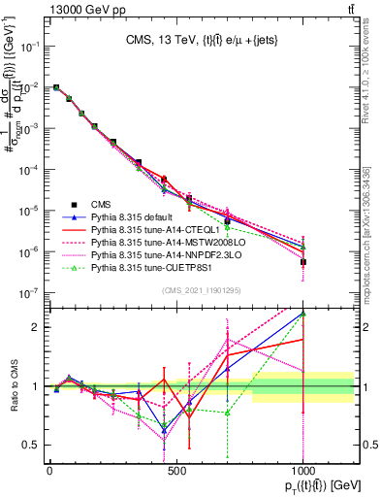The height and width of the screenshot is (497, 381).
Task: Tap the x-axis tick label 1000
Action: pos(302,470)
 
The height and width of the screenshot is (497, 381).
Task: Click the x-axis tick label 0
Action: pos(49,470)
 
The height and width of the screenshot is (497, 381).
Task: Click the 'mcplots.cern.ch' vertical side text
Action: pos(373,243)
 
